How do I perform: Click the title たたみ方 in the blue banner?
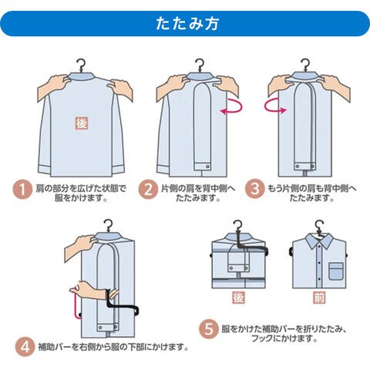[x=187, y=24]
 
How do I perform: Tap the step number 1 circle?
[x=22, y=190]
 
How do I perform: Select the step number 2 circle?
[x=148, y=190]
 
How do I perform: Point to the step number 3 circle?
[x=254, y=189]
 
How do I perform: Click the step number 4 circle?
[x=25, y=347]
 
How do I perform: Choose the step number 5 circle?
[x=209, y=329]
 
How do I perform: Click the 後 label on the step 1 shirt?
[x=82, y=123]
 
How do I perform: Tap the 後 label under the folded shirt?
[x=238, y=298]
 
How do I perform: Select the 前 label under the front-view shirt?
[x=319, y=298]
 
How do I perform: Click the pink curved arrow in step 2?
[x=233, y=111]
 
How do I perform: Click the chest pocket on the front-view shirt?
[x=337, y=271]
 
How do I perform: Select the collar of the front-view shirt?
[x=319, y=241]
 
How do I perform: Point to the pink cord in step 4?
[x=76, y=302]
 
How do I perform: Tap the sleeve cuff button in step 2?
[x=207, y=167]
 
